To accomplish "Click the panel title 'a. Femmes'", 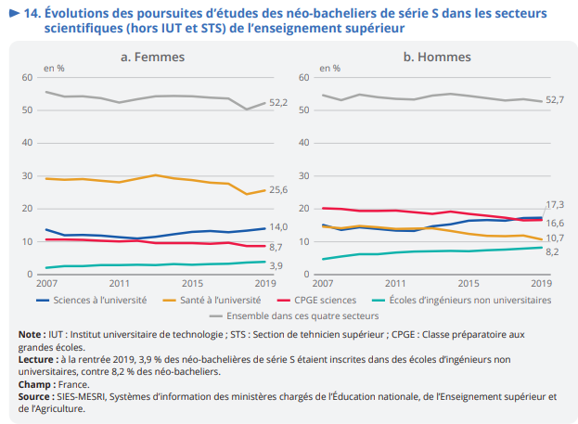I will click(151, 58).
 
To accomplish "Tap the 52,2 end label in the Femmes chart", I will click(278, 102).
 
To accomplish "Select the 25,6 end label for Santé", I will click(278, 190).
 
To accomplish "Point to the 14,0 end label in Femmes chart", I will click(278, 228).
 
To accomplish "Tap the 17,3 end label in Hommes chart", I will click(556, 204).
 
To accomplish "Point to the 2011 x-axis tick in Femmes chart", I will click(119, 282).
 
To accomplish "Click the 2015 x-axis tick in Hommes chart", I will click(468, 282).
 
